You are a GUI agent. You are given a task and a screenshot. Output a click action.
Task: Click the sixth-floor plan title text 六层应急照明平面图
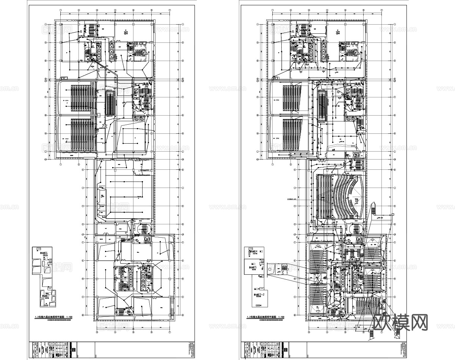(51, 317)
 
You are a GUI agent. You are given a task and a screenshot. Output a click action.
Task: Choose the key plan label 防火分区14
(253, 252)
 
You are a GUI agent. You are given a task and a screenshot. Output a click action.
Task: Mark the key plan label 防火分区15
(253, 268)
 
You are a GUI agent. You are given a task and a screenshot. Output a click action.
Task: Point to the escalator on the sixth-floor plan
(110, 103)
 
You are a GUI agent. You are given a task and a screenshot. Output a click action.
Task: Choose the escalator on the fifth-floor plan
(322, 104)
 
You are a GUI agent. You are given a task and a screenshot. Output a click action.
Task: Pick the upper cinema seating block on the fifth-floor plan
(292, 98)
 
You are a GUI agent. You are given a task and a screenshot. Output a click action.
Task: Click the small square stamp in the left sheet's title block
(74, 350)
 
